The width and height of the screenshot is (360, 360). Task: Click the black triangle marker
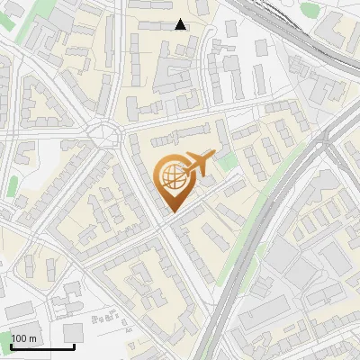point(180,24)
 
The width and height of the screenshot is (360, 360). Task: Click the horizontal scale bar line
point(42,347)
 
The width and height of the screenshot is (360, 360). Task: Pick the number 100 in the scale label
point(20,338)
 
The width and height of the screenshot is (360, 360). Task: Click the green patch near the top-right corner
point(310,10)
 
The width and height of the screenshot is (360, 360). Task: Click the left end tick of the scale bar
point(11,346)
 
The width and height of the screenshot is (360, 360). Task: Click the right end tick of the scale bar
point(74,346)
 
